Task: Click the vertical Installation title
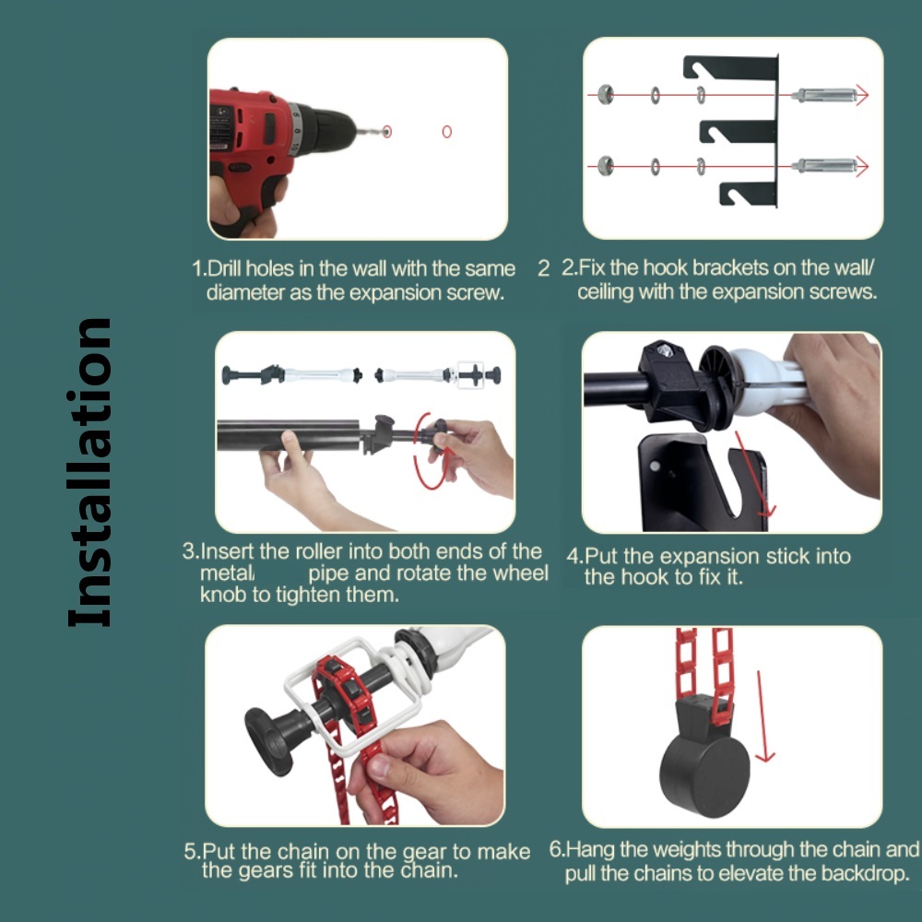[x=89, y=473]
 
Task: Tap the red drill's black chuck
[x=327, y=129]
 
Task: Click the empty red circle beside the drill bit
[x=447, y=132]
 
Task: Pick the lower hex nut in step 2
[x=605, y=166]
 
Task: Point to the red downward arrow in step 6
[x=763, y=716]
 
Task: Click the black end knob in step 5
[x=268, y=741]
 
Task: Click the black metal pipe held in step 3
[x=288, y=434]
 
